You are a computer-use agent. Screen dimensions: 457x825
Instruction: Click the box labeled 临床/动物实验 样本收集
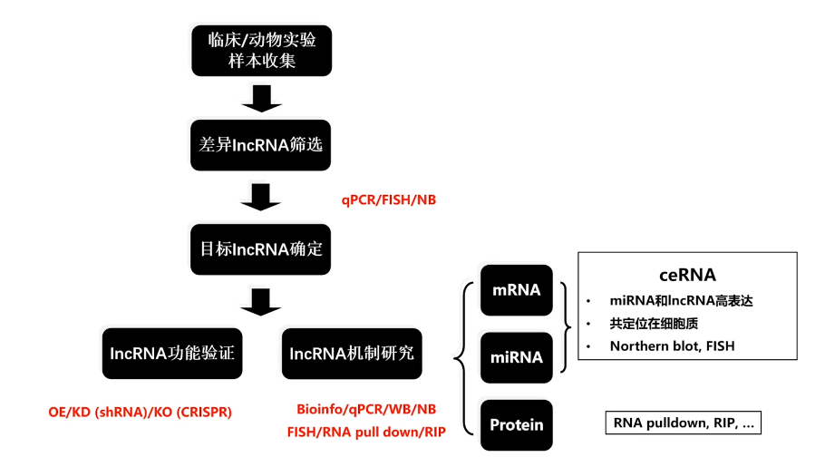tap(261, 51)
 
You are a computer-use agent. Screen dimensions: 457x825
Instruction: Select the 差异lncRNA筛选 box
tap(261, 145)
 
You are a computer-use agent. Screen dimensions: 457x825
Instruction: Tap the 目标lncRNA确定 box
tap(261, 248)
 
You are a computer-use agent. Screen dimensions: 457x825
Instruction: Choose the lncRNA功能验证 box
tap(172, 353)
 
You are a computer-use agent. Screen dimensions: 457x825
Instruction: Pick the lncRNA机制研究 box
tap(352, 353)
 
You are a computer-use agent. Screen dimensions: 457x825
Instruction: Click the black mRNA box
tap(516, 290)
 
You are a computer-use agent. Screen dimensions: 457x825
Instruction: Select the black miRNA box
tap(516, 357)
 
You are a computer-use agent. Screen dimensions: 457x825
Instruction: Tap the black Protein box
tap(516, 424)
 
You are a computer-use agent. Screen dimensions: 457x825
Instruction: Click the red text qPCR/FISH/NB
tap(388, 199)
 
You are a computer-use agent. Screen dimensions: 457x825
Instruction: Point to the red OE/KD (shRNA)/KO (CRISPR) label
tap(141, 412)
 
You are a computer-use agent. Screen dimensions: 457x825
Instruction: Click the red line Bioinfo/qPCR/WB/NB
tap(366, 409)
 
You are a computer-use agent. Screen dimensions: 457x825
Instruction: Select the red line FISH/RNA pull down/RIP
tap(366, 431)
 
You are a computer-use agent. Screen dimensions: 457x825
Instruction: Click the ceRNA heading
tap(687, 274)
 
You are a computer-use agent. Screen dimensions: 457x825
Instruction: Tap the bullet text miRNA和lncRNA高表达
tap(682, 301)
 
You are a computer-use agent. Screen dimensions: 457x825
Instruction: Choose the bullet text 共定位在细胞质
tap(654, 323)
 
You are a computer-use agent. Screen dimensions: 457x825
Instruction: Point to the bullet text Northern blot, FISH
tap(672, 345)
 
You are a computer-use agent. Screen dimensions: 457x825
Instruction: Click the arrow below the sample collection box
tap(262, 98)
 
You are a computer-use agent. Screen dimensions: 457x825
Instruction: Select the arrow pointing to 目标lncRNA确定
tap(262, 196)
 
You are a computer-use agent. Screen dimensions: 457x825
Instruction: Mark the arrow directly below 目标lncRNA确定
tap(262, 301)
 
